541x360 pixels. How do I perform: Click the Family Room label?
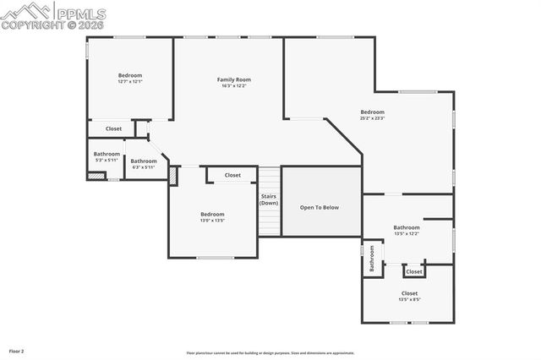click(x=234, y=79)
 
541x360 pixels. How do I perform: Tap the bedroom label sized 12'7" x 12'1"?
click(x=130, y=75)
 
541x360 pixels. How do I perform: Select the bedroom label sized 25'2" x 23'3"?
click(x=372, y=112)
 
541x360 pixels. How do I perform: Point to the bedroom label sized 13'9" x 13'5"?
click(x=212, y=214)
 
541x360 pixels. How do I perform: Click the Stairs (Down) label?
click(x=269, y=199)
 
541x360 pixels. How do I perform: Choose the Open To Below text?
click(x=320, y=207)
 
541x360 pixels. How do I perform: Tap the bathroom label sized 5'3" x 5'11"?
click(x=107, y=154)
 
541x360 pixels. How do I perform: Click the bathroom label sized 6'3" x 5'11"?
click(x=144, y=161)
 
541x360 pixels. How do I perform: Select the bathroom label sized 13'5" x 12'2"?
click(x=406, y=227)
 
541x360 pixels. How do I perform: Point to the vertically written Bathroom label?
click(x=370, y=259)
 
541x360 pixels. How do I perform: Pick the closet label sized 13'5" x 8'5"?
click(x=409, y=293)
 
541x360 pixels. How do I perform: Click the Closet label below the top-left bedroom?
click(x=113, y=128)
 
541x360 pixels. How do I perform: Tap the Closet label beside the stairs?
click(x=232, y=175)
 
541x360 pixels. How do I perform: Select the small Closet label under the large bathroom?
click(x=414, y=271)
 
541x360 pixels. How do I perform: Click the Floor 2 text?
click(x=17, y=350)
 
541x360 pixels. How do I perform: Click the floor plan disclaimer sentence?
click(x=270, y=352)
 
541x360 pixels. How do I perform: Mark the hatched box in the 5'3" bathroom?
click(x=96, y=176)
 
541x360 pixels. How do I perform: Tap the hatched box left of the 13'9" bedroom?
click(x=172, y=176)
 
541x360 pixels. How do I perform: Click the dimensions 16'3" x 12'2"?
click(x=234, y=85)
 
